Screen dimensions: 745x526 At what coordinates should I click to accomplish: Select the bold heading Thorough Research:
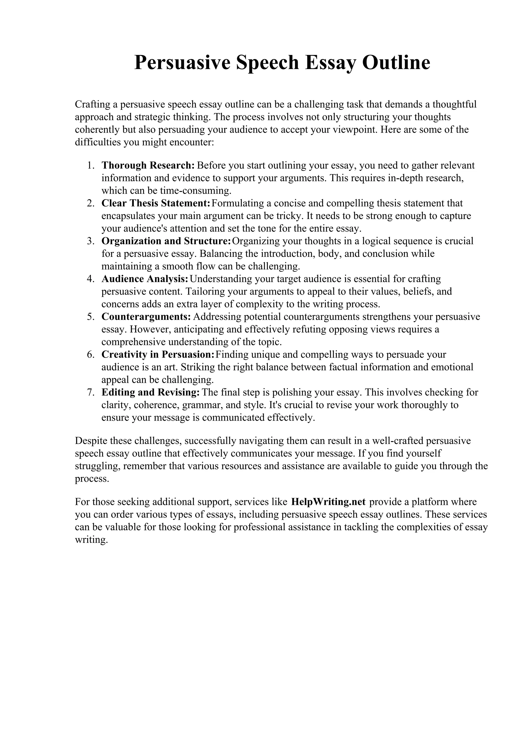(148, 166)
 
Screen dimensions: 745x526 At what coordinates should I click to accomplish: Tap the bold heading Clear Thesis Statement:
(156, 203)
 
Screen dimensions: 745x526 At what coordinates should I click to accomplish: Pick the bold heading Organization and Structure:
(166, 241)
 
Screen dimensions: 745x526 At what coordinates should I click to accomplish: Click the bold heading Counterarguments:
(146, 317)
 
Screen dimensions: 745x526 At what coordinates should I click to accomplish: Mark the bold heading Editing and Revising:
(151, 392)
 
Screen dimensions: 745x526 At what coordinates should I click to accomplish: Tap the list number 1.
(90, 166)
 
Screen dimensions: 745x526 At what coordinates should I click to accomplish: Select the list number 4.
(90, 279)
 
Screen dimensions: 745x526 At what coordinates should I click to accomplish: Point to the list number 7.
(90, 392)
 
